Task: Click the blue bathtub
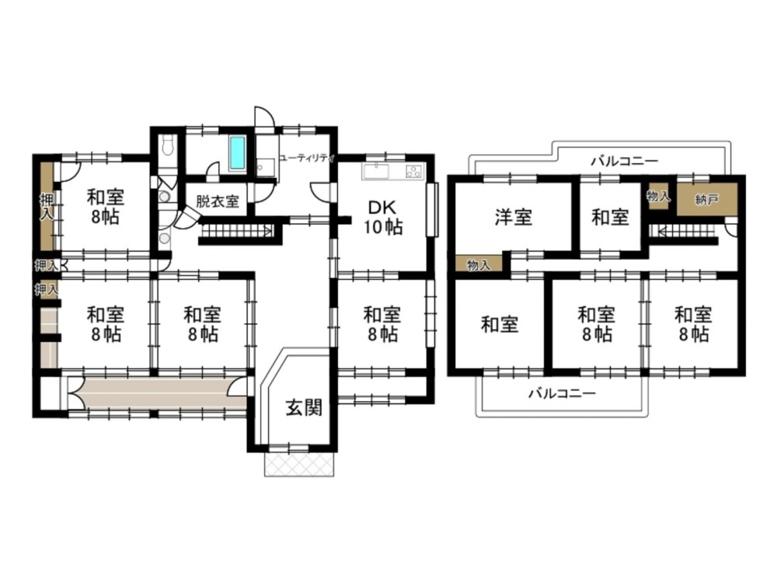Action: (237, 154)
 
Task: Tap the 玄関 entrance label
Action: (305, 407)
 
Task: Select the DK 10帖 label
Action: (383, 217)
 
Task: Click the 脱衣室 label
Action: (218, 202)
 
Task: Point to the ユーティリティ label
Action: (307, 159)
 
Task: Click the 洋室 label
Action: (514, 217)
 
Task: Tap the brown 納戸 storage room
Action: (707, 199)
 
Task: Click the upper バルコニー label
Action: (625, 161)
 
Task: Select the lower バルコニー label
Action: (562, 393)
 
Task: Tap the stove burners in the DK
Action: (414, 172)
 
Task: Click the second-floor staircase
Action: (683, 232)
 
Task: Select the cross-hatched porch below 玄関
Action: (299, 464)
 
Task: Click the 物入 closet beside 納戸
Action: (659, 197)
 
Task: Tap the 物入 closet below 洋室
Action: (479, 263)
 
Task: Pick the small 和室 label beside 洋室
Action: (610, 217)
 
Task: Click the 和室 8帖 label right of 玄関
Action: (382, 324)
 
